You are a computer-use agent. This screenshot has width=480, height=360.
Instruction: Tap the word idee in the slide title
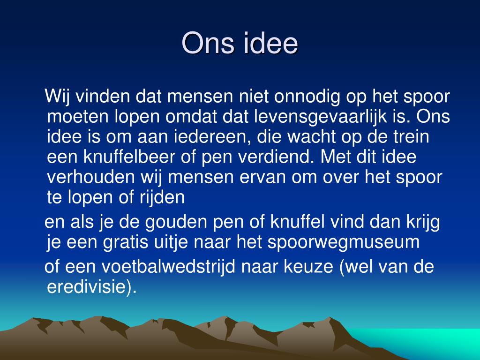270,44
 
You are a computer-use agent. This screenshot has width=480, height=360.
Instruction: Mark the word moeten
75,117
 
